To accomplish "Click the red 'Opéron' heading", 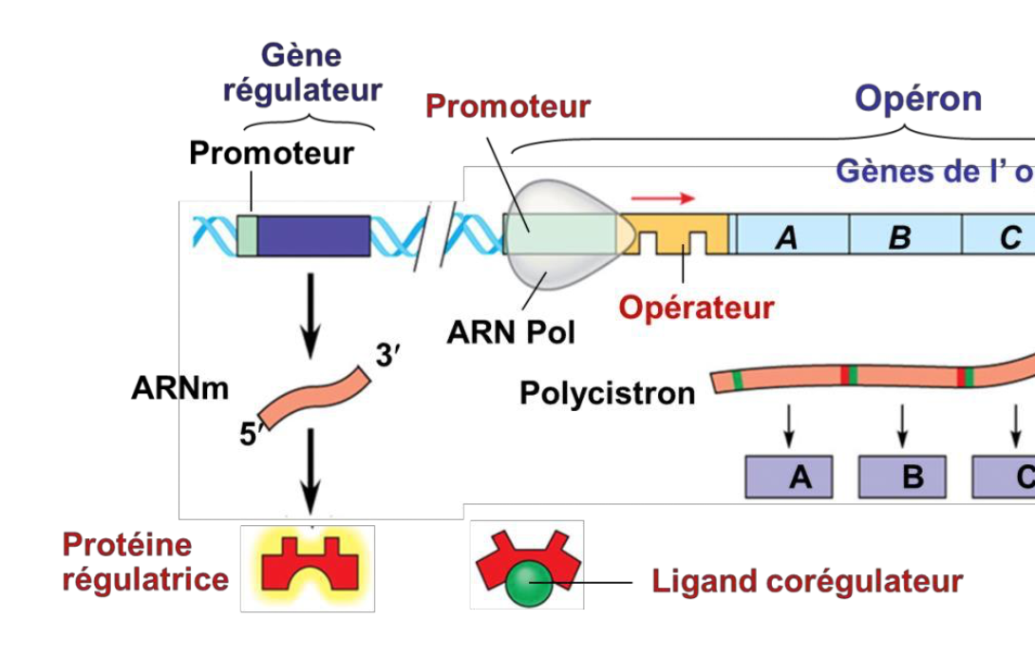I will tap(918, 98).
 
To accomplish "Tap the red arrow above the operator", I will tap(663, 197).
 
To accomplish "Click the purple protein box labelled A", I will tap(789, 478).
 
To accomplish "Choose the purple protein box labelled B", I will tap(903, 478).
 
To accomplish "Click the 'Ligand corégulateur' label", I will tap(807, 581).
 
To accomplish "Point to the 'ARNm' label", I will tap(180, 388).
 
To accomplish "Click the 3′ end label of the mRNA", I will tap(388, 357).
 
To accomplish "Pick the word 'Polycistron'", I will tap(607, 392).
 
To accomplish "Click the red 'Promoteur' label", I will tap(508, 105).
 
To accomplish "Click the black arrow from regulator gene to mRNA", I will tap(310, 318).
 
